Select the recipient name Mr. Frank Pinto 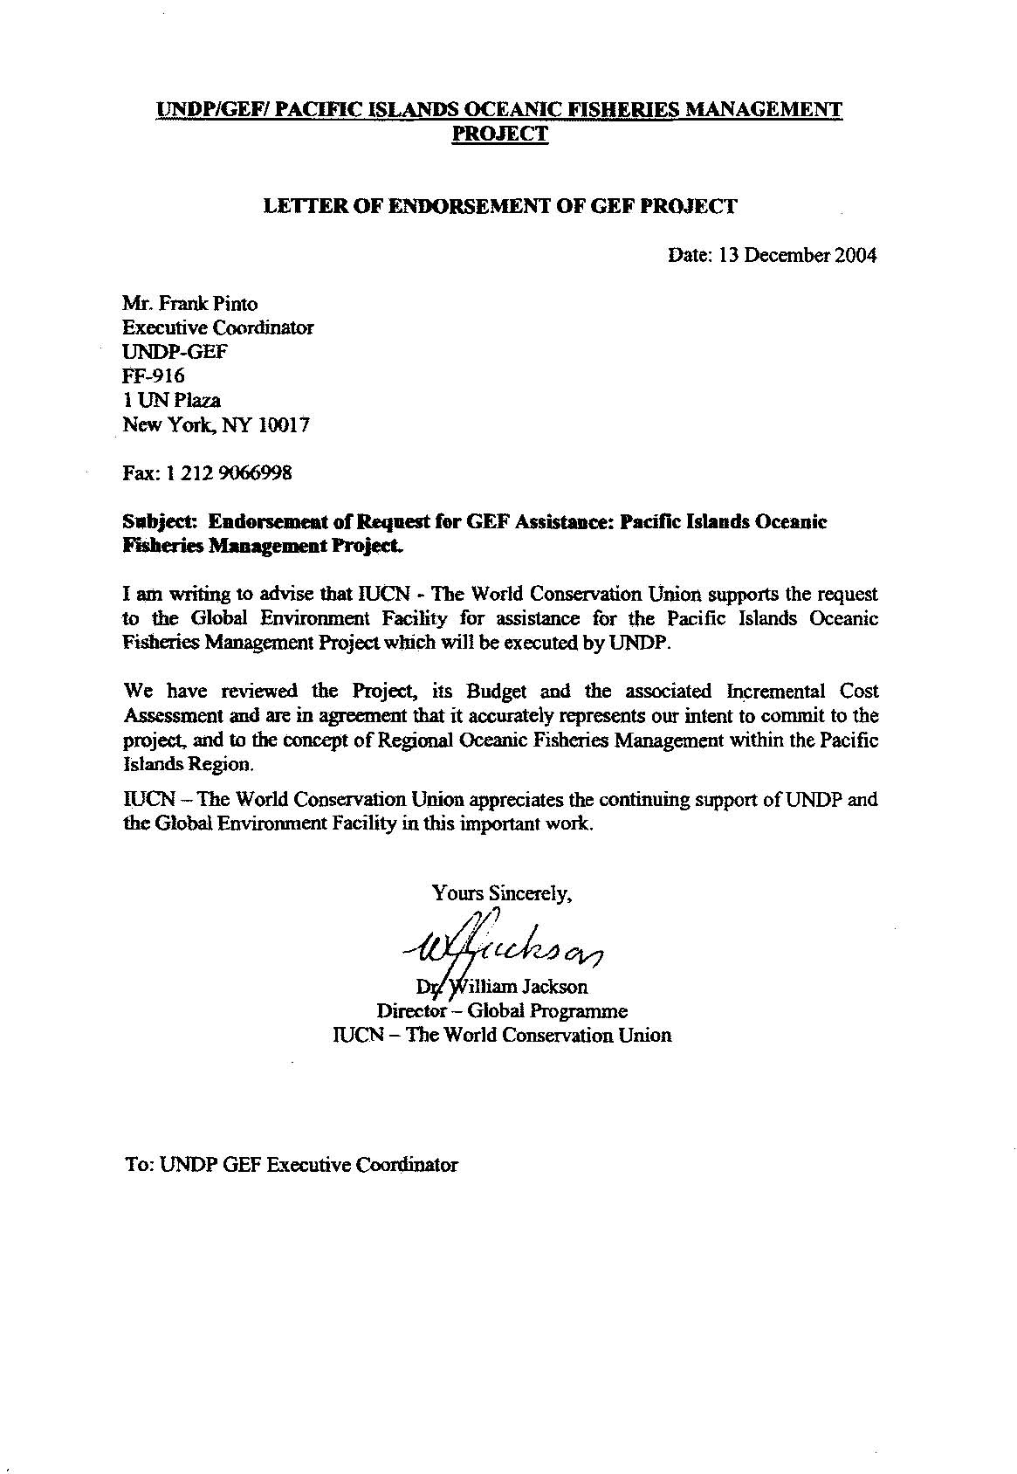coord(190,304)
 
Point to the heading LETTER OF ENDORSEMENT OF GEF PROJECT coord(500,207)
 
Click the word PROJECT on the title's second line coord(500,134)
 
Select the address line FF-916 coord(154,376)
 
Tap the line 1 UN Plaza coord(172,401)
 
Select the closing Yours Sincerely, coord(502,893)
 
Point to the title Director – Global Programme coord(502,1011)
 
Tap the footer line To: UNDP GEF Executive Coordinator coord(291,1165)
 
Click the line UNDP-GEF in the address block coord(175,352)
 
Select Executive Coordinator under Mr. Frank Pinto coord(218,328)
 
